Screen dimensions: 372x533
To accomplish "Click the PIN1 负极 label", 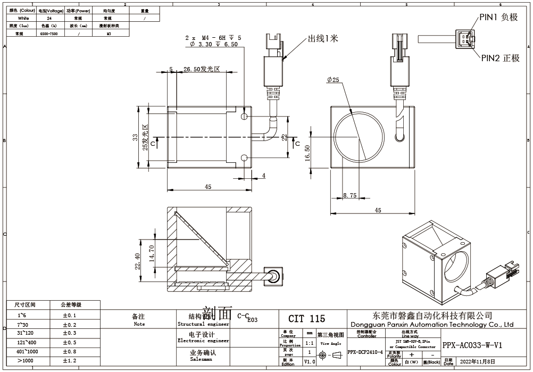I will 498,17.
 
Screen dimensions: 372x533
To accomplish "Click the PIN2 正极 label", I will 500,58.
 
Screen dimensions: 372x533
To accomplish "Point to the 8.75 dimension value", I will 349,196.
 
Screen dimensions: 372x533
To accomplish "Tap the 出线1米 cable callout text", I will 323,39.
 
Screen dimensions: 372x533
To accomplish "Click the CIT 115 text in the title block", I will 306,319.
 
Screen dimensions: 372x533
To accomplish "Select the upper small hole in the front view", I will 244,116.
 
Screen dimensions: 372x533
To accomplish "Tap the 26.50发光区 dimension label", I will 202,70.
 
